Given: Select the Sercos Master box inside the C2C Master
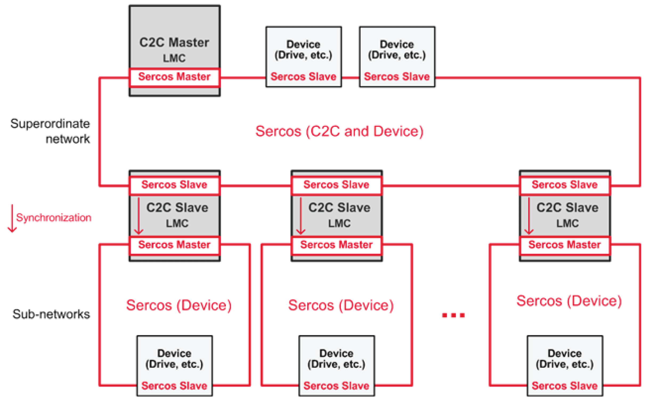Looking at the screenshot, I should (x=175, y=77).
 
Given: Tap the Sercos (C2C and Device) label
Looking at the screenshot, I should (x=339, y=131).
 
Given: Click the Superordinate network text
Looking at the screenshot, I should (x=50, y=131).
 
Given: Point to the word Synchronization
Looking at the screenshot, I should (x=54, y=218).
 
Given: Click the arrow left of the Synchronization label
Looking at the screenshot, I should (x=12, y=218).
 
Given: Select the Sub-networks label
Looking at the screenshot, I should (x=51, y=314).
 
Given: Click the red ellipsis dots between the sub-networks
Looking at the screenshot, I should (x=453, y=315).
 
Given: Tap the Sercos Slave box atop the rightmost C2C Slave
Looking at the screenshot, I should (x=565, y=185).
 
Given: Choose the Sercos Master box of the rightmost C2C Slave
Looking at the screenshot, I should (x=565, y=245).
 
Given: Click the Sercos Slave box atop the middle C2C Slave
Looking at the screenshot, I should (x=336, y=185).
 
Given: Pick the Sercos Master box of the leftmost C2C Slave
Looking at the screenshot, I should (x=175, y=245).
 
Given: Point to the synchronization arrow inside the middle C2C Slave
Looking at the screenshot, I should (x=301, y=216).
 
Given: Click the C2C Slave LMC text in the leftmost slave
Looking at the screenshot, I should (x=177, y=215).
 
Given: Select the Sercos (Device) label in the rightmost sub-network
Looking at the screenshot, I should (x=569, y=301).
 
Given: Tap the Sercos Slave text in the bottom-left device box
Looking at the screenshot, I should (x=175, y=386).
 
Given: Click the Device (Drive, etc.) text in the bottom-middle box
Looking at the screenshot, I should (x=336, y=359).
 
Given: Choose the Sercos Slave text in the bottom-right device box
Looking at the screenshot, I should (x=565, y=386).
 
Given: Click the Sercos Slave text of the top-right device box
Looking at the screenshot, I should (x=397, y=77).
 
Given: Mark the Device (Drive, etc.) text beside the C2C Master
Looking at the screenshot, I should (x=303, y=50).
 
